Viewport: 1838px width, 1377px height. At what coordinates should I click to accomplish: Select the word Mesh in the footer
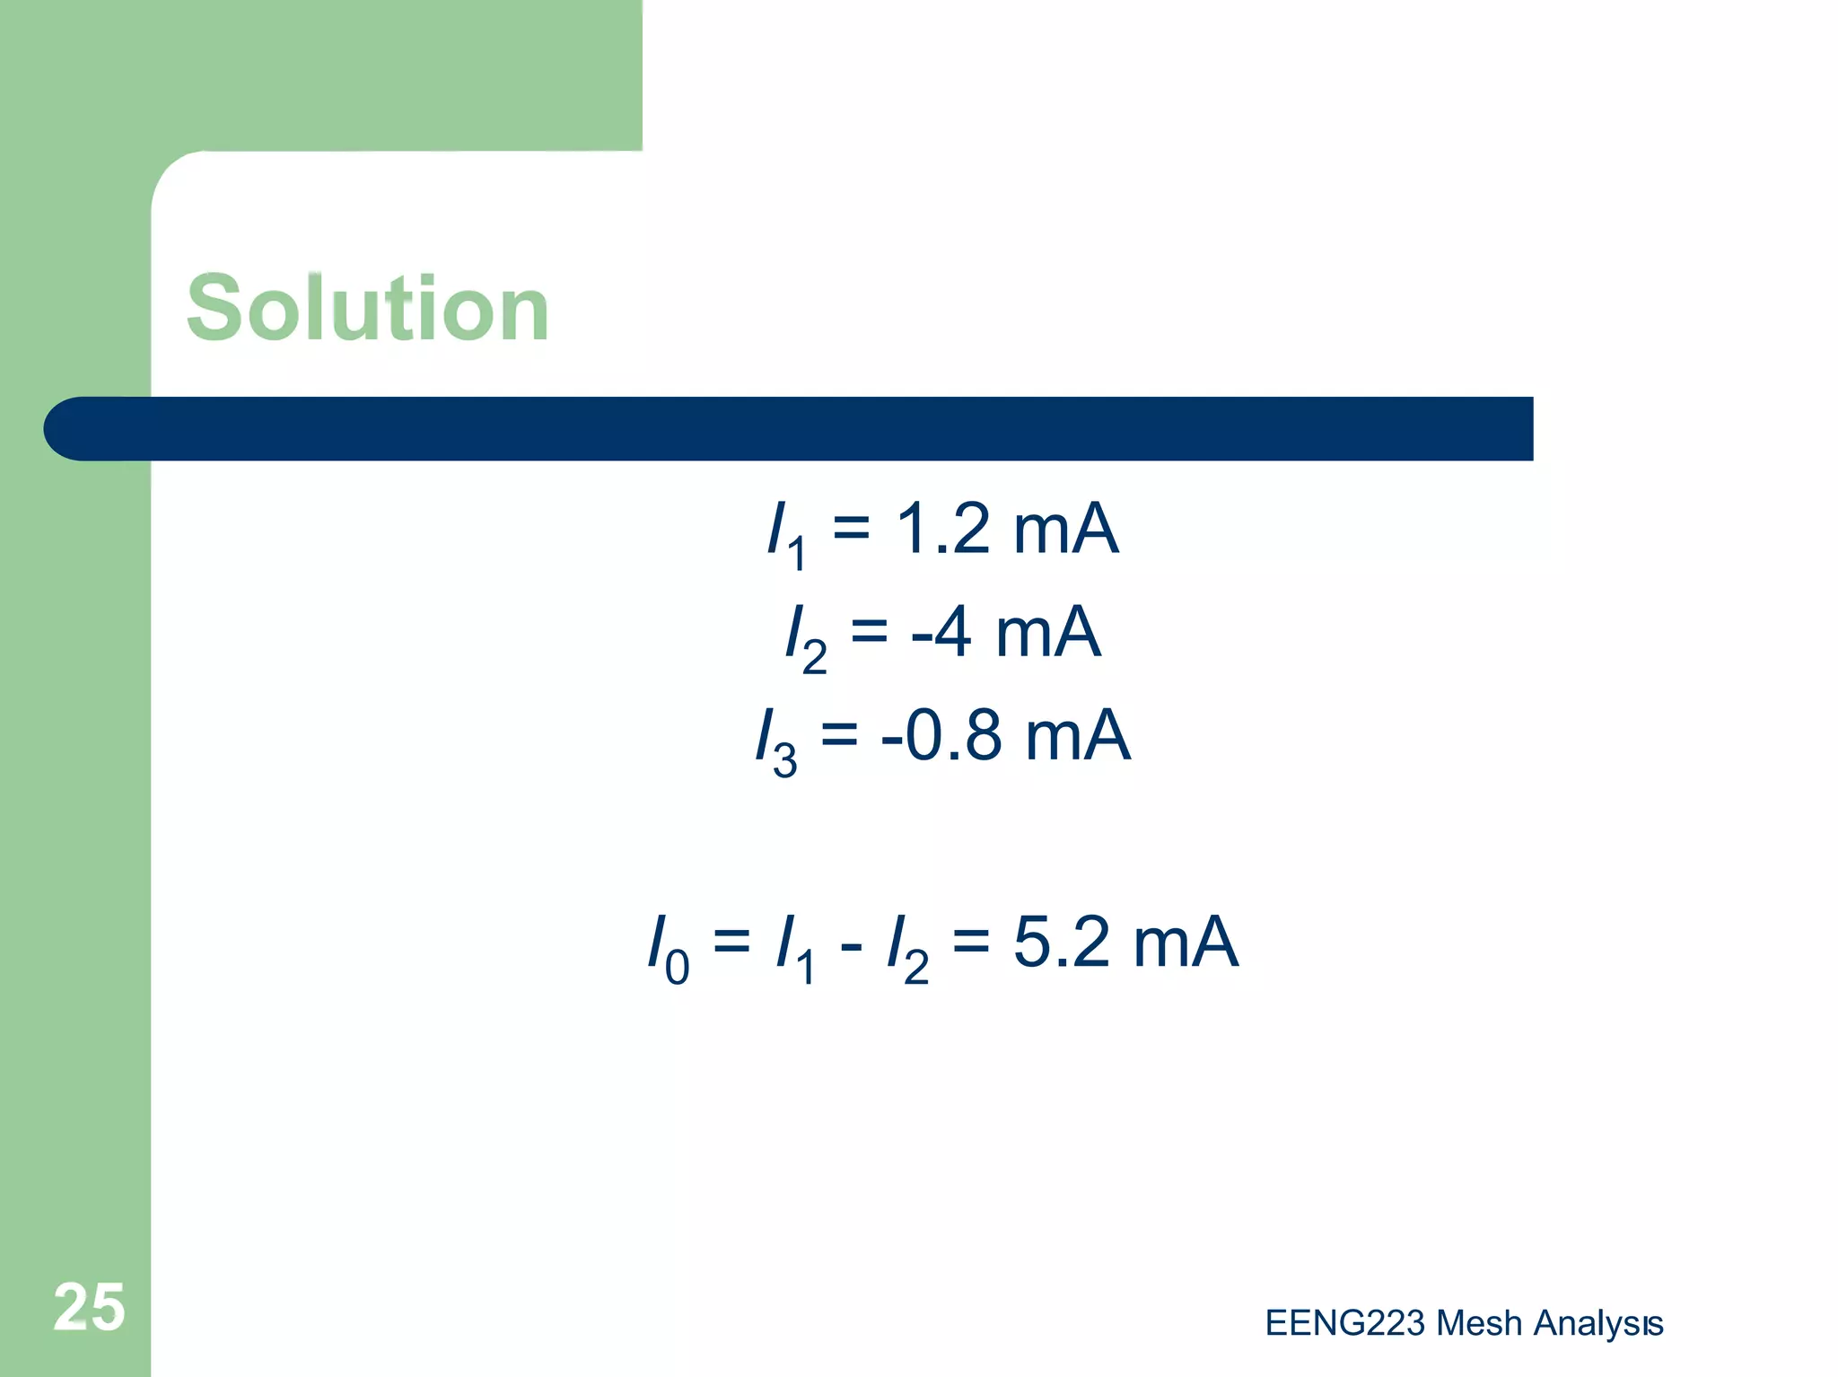[x=1478, y=1323]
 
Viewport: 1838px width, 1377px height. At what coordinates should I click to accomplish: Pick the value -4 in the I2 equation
[x=941, y=632]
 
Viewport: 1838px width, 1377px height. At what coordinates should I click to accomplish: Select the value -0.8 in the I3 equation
[x=941, y=735]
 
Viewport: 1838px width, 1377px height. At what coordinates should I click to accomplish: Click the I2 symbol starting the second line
[x=804, y=637]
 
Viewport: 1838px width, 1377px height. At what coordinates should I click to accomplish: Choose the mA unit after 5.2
[x=1186, y=942]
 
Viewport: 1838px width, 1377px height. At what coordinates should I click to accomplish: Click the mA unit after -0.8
[x=1077, y=735]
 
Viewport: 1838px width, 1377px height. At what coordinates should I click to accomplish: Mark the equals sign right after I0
[x=731, y=942]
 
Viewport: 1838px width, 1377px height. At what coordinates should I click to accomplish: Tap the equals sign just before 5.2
[x=971, y=942]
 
